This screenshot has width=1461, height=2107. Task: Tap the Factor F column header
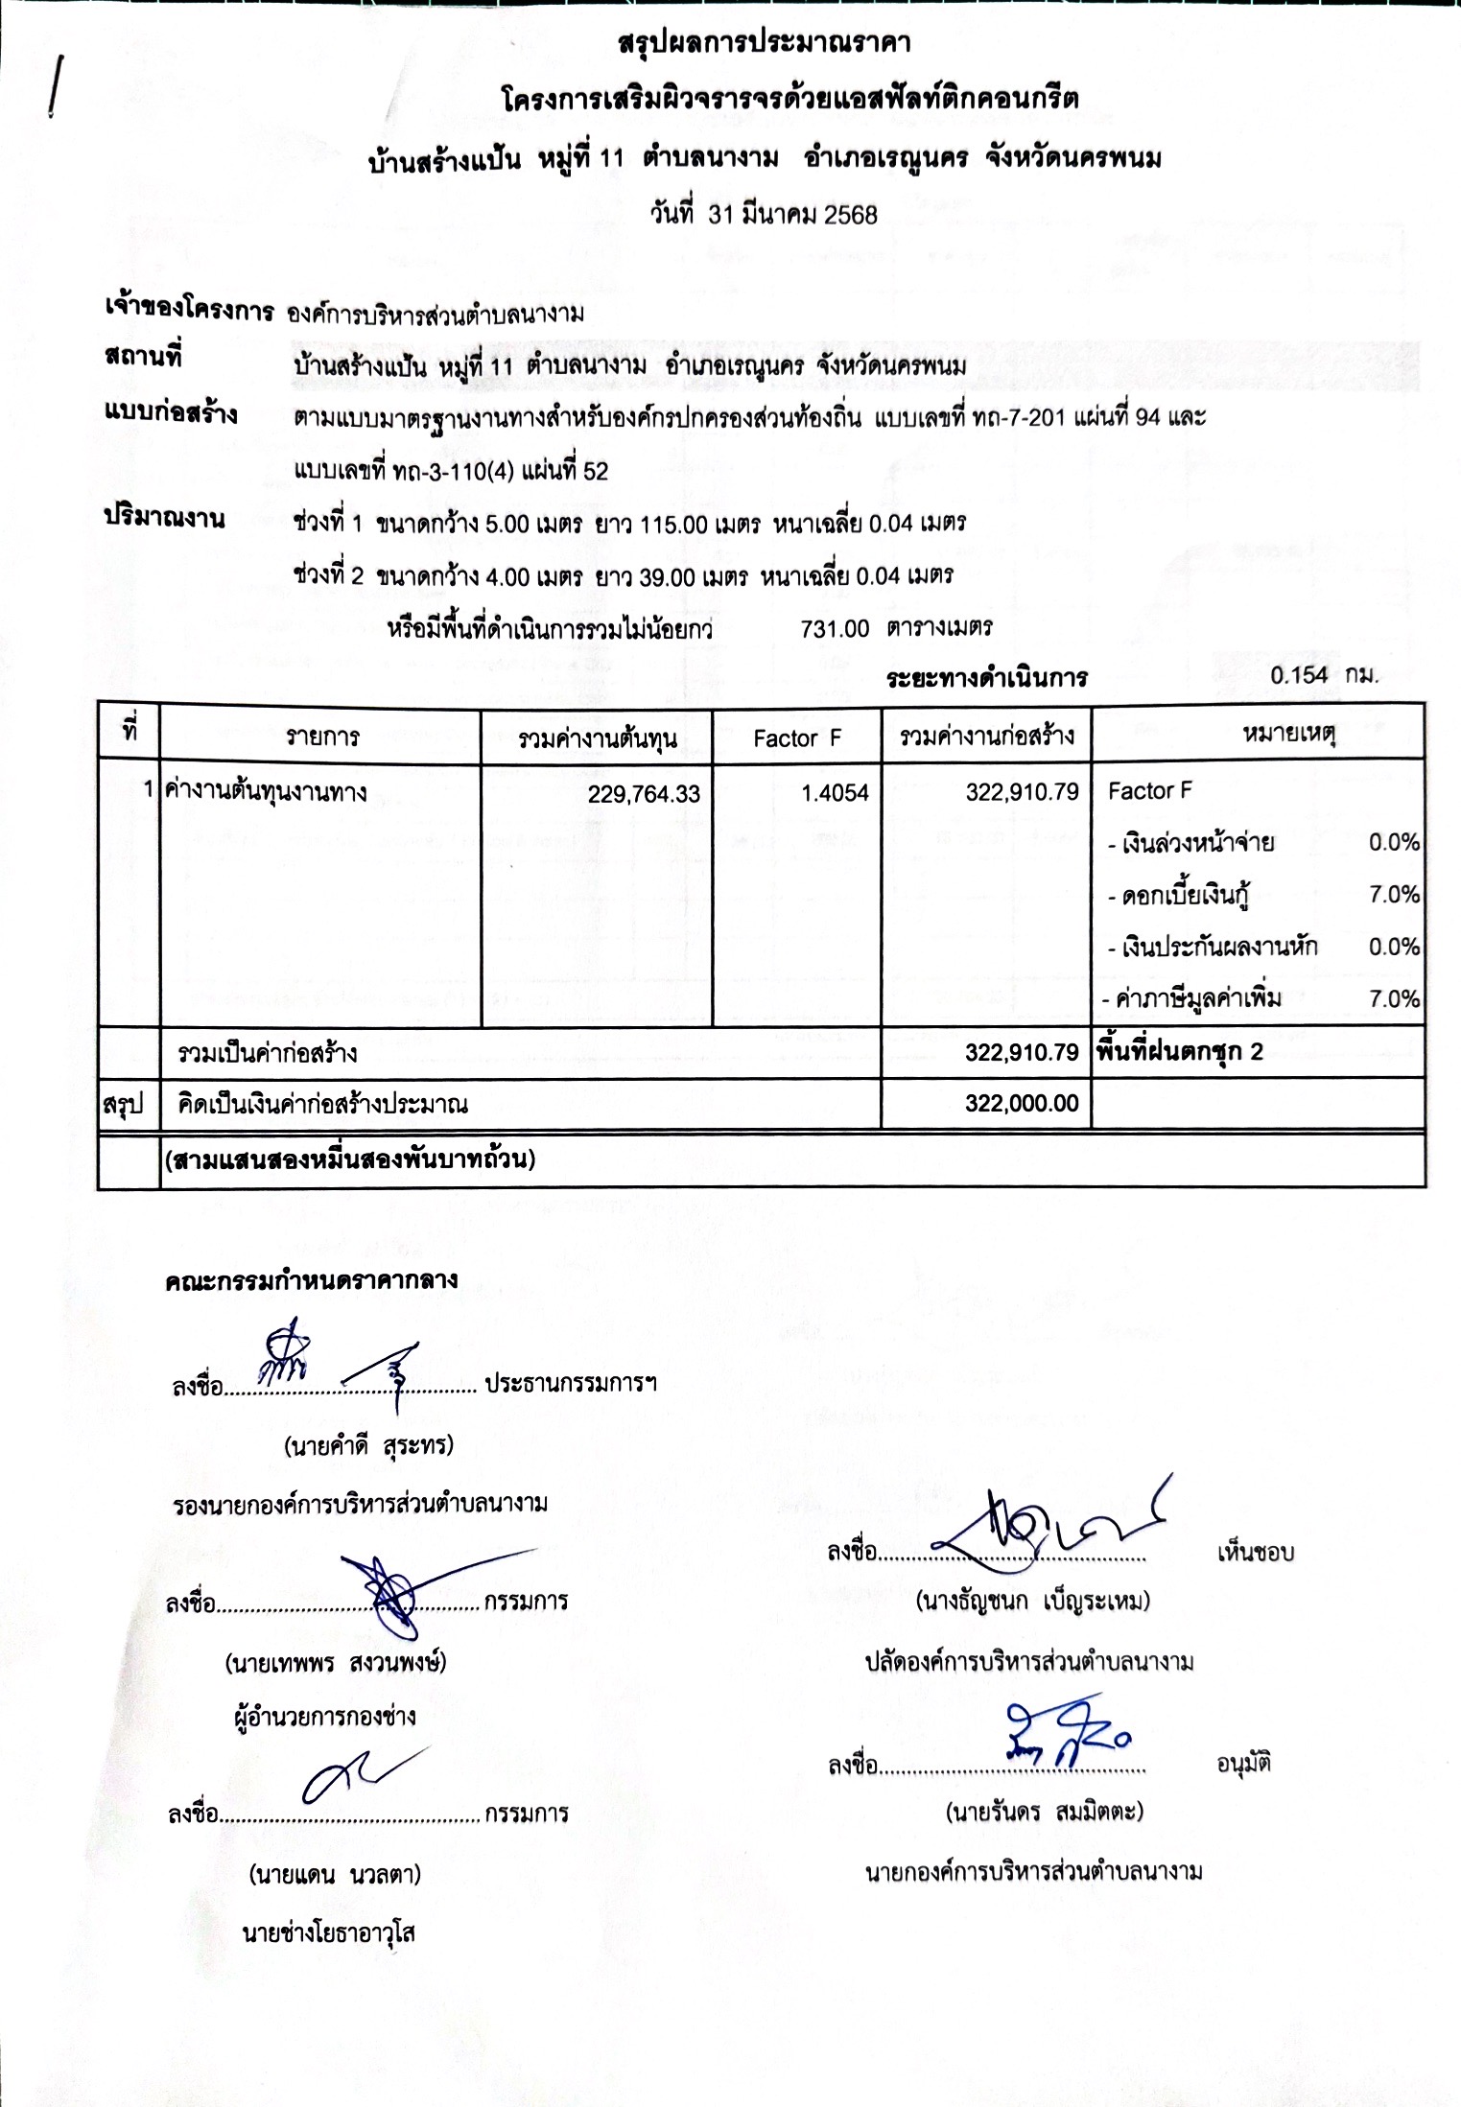tap(796, 737)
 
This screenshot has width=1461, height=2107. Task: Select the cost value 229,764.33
tap(644, 793)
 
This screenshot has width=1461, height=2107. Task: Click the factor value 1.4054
tap(835, 792)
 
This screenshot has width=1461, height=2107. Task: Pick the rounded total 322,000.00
tap(1022, 1103)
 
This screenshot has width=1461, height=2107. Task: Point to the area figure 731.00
tap(835, 628)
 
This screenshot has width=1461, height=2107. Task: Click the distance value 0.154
tap(1299, 675)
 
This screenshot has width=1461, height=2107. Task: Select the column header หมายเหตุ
tap(1288, 735)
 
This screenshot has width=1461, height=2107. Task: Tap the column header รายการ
tap(322, 737)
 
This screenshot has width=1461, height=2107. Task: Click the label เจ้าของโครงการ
tap(188, 310)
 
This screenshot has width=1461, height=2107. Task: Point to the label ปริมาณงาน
tap(164, 518)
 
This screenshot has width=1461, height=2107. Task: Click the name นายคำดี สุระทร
tap(369, 1445)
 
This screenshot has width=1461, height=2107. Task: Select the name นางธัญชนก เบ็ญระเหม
tap(1032, 1600)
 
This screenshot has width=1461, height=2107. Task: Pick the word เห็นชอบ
tap(1255, 1552)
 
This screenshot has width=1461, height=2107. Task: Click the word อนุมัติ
tap(1243, 1763)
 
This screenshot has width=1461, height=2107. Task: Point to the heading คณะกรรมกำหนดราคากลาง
tap(311, 1280)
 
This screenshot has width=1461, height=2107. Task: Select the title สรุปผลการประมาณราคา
tap(765, 42)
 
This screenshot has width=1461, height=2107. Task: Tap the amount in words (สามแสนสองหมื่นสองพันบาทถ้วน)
tap(350, 1159)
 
